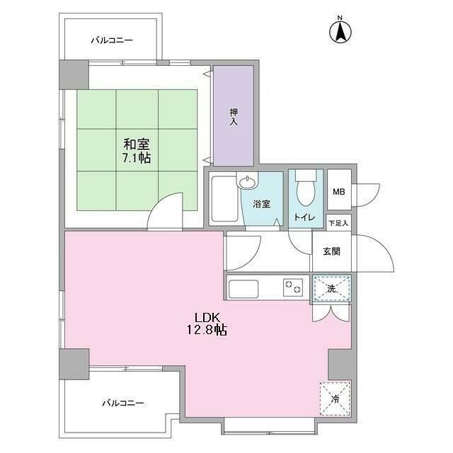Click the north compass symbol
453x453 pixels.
[x=340, y=30]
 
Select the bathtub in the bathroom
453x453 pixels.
[x=224, y=200]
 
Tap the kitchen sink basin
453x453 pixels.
[x=246, y=288]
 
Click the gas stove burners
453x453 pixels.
[x=292, y=287]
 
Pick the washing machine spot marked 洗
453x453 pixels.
[x=332, y=288]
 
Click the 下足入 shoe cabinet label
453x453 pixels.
[x=338, y=224]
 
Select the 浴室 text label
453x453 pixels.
[x=261, y=205]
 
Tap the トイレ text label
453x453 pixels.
[x=305, y=218]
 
